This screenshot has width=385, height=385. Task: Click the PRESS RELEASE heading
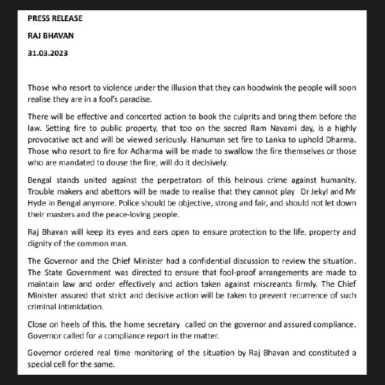click(55, 18)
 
